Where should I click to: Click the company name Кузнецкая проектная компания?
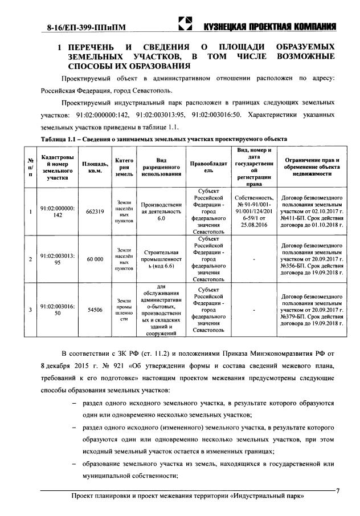point(269,27)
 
